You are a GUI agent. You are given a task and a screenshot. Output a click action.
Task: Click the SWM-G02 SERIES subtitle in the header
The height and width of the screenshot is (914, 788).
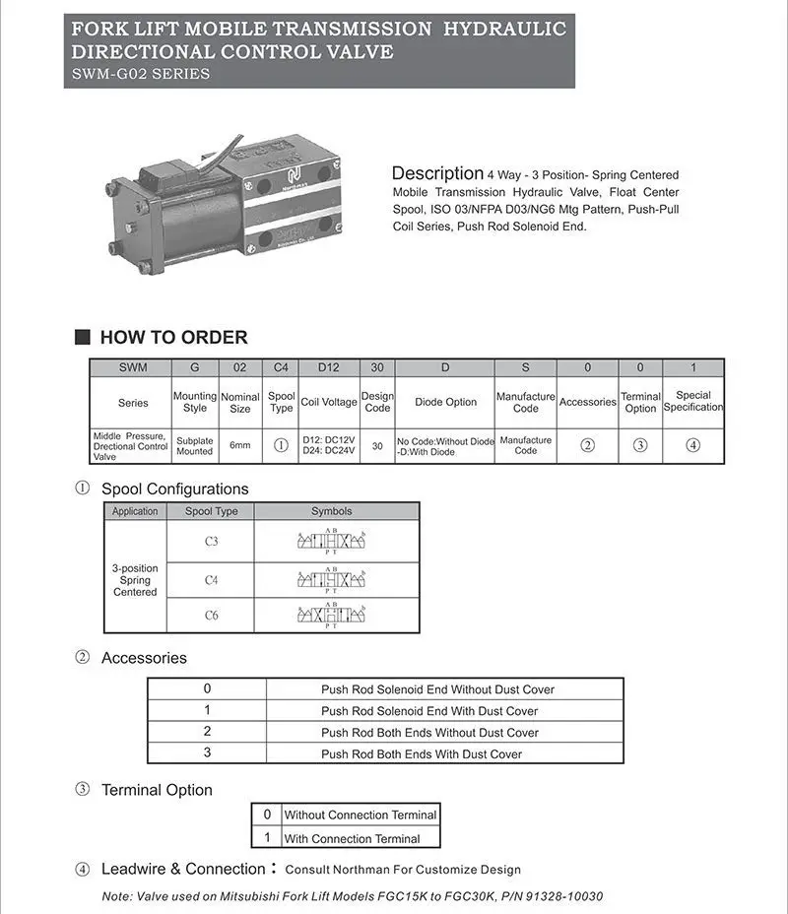click(x=141, y=74)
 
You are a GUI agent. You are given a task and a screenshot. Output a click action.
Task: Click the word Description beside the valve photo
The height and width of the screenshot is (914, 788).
click(x=437, y=173)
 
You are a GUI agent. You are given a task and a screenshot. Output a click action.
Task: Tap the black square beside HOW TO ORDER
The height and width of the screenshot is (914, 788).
click(x=83, y=337)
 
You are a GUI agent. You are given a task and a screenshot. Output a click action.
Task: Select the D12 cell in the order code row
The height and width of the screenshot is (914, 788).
click(x=329, y=367)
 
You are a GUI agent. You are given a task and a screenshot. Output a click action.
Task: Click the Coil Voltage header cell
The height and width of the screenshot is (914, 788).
click(x=329, y=402)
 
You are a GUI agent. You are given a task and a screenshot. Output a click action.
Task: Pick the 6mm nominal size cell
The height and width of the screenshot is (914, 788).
click(x=240, y=445)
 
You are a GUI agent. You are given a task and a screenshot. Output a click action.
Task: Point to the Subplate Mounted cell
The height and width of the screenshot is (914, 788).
click(x=194, y=445)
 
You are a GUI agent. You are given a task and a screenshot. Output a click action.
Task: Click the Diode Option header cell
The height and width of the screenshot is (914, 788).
click(x=445, y=402)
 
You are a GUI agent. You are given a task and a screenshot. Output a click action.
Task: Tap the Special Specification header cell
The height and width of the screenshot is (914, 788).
click(x=693, y=401)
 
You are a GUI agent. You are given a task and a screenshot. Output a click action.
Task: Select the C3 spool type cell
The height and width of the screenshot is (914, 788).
click(x=211, y=542)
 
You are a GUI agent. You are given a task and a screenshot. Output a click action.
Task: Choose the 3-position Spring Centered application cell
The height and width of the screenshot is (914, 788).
click(x=135, y=580)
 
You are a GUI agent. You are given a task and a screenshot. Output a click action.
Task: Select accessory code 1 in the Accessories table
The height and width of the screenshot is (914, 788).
click(x=207, y=710)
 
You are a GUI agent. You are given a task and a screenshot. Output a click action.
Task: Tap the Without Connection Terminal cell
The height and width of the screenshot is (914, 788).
click(x=360, y=815)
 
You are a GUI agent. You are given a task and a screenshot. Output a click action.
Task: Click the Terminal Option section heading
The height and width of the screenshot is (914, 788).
click(x=157, y=790)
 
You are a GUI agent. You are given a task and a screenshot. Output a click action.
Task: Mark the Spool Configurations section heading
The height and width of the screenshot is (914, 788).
click(x=174, y=489)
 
